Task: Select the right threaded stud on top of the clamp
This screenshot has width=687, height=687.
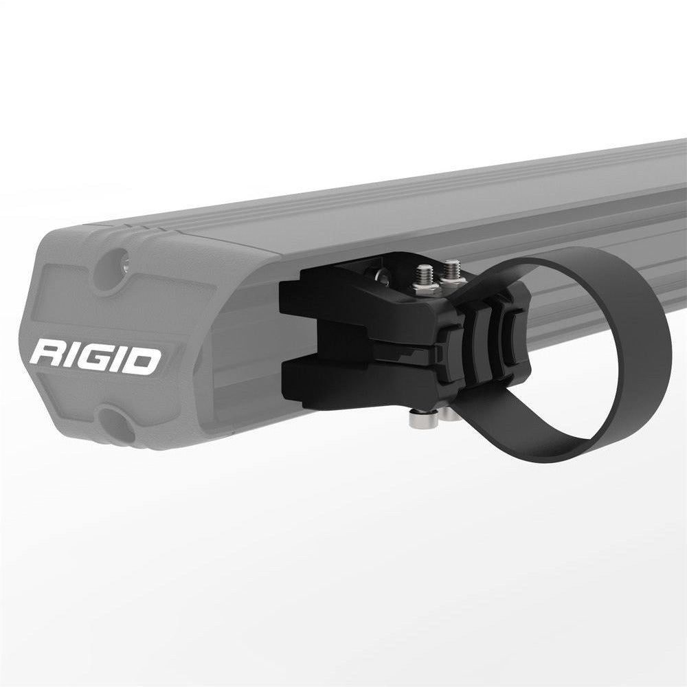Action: click(x=452, y=271)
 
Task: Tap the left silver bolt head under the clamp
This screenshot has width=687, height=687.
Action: click(x=417, y=418)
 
